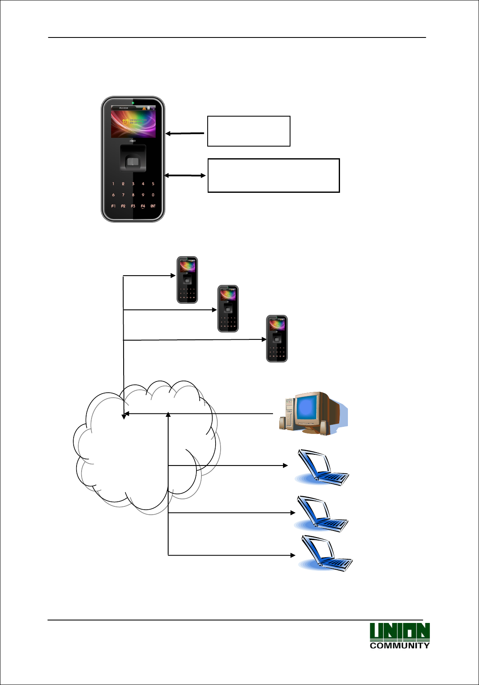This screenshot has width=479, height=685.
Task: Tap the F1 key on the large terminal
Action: pyautogui.click(x=113, y=206)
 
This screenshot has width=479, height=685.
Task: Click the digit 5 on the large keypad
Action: pyautogui.click(x=153, y=184)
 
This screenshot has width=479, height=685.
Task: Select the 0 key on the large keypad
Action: pyautogui.click(x=153, y=195)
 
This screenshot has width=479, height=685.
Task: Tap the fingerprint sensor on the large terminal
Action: pyautogui.click(x=133, y=162)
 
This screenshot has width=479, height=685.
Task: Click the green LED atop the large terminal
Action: pyautogui.click(x=133, y=102)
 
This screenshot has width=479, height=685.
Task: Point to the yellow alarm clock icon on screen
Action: pyautogui.click(x=125, y=122)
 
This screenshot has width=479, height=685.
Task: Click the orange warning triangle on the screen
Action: pyautogui.click(x=144, y=108)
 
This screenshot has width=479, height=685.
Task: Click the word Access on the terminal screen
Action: pyautogui.click(x=124, y=108)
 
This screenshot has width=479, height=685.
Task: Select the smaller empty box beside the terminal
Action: pyautogui.click(x=248, y=131)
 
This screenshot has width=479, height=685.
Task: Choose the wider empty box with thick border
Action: pyautogui.click(x=273, y=175)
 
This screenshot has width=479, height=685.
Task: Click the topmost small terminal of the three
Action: pyautogui.click(x=187, y=280)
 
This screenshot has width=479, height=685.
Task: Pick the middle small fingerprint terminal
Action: pyautogui.click(x=228, y=309)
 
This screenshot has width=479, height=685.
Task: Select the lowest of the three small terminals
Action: pyautogui.click(x=277, y=339)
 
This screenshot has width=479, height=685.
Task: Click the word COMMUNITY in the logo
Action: pyautogui.click(x=400, y=645)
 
